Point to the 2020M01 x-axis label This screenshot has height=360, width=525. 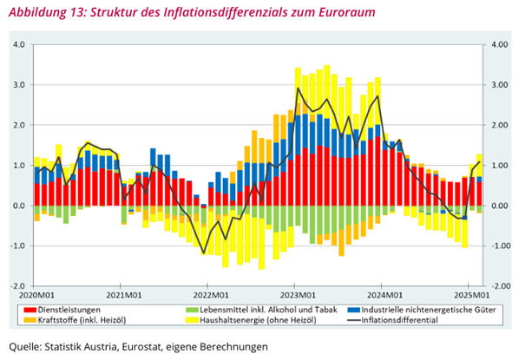click(x=32, y=295)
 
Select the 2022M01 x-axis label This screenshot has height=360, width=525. click(x=208, y=295)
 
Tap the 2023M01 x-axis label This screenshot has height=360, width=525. click(x=295, y=295)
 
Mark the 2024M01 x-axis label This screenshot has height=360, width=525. click(x=383, y=295)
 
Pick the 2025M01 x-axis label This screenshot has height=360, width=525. click(x=469, y=295)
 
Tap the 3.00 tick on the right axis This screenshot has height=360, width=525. click(x=497, y=85)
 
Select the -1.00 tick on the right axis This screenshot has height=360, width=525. click(x=499, y=245)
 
